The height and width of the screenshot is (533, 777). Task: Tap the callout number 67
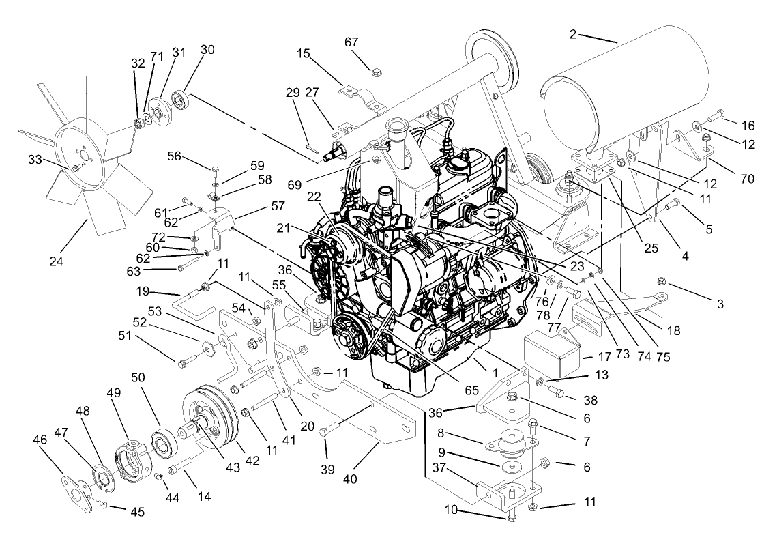click(x=370, y=42)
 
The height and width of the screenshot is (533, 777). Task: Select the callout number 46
click(x=40, y=440)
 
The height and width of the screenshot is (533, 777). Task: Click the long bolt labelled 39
click(x=330, y=430)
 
